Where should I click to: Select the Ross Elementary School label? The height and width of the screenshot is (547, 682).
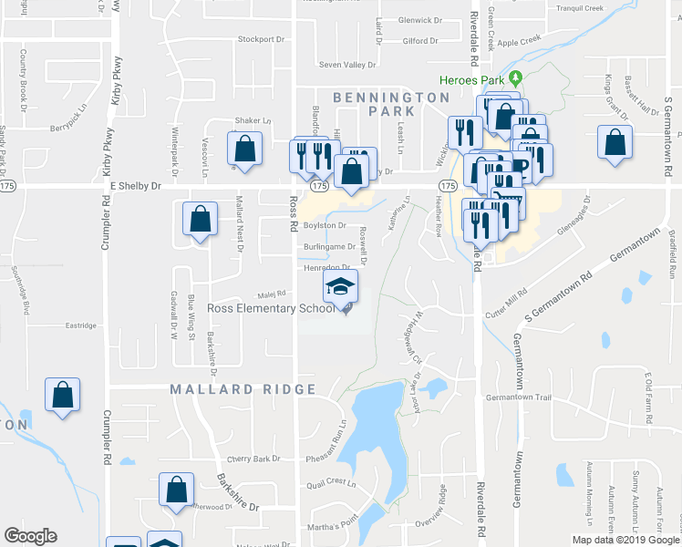270,308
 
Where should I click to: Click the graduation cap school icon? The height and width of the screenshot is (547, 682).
341,288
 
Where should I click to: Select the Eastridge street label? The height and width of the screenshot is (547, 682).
80,325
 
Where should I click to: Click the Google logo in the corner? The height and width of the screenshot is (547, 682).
30,536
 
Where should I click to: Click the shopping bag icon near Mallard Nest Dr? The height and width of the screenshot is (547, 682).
200,220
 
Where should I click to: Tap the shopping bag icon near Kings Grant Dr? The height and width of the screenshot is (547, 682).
615,142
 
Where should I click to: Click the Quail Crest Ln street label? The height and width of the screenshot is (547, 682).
328,482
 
